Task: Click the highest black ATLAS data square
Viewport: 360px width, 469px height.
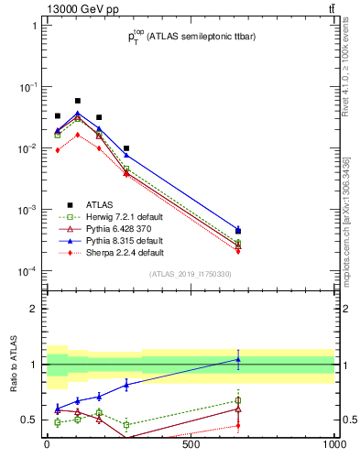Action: coord(78,101)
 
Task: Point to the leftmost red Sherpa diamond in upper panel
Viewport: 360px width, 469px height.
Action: coord(58,150)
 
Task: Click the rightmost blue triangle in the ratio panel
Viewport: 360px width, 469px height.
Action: coord(238,359)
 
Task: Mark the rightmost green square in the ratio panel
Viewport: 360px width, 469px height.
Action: coord(238,400)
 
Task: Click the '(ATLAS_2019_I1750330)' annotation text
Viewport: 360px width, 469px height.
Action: coord(190,274)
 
